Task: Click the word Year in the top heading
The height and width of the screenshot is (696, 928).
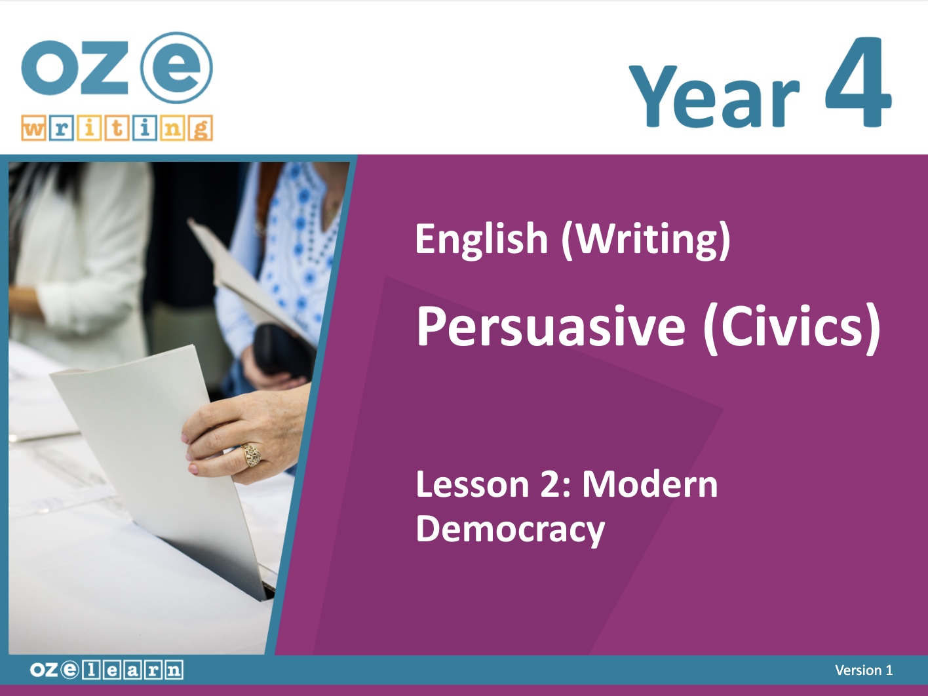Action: (714, 96)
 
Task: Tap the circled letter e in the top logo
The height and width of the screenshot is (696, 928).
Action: (177, 68)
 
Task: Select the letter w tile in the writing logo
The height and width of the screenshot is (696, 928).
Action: (33, 128)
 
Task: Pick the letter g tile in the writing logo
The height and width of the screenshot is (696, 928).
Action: (201, 128)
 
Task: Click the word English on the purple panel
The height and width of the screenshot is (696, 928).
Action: (482, 239)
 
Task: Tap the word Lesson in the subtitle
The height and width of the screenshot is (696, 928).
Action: (473, 484)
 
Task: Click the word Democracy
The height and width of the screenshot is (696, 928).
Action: (511, 530)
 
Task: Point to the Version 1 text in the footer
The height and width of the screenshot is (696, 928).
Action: (864, 670)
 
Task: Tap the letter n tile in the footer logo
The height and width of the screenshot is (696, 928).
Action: (173, 670)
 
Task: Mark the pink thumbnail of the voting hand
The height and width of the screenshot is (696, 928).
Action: (184, 438)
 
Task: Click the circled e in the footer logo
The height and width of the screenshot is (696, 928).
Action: (69, 670)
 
